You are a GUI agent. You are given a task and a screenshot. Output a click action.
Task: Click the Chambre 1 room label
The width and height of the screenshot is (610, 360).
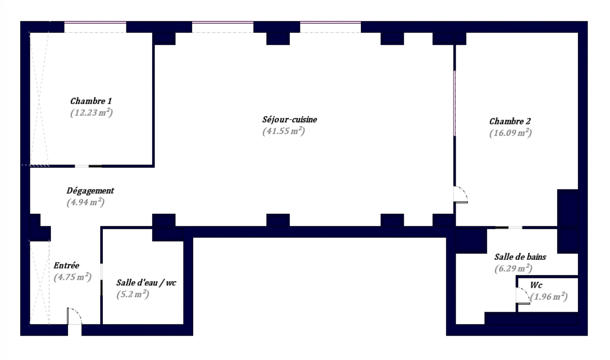91,101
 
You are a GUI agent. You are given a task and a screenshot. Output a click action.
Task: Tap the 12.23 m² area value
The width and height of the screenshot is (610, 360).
92,112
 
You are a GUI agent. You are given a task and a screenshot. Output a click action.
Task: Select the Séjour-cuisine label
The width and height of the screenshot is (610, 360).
290,120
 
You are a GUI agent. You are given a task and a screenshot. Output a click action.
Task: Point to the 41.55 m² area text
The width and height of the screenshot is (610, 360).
283,131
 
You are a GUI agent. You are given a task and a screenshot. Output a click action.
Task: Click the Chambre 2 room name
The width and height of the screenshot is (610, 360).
510,121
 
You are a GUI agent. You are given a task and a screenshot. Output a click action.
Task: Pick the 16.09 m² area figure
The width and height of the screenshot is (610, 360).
510,133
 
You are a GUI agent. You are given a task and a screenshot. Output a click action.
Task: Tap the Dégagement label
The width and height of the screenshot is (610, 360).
90,191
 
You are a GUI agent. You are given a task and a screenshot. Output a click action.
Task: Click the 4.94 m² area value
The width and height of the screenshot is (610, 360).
86,202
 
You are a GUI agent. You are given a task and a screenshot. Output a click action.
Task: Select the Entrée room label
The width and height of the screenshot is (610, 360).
66,266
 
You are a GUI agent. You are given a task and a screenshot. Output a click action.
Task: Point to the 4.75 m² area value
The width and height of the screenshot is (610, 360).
73,277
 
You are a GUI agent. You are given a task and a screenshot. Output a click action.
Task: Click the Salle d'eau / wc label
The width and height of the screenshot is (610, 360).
146,283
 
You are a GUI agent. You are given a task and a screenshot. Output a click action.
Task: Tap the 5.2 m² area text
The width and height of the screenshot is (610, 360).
133,295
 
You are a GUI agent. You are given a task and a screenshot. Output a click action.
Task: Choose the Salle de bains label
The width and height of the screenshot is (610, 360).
520,257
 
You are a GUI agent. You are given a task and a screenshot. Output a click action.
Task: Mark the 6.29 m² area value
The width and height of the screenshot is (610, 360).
513,268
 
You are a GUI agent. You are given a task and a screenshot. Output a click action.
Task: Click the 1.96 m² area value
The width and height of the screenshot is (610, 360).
549,297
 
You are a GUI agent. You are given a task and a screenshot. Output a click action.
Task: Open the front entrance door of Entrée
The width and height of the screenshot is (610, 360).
74,316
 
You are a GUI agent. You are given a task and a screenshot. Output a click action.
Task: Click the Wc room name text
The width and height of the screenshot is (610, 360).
536,285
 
